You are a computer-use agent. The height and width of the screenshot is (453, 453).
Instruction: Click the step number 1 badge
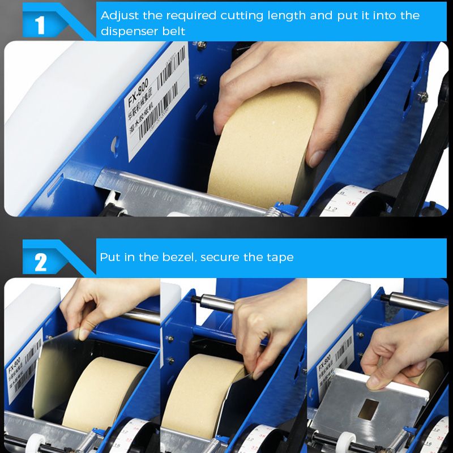[40, 24]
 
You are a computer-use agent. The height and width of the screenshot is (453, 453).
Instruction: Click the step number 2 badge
[40, 262]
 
